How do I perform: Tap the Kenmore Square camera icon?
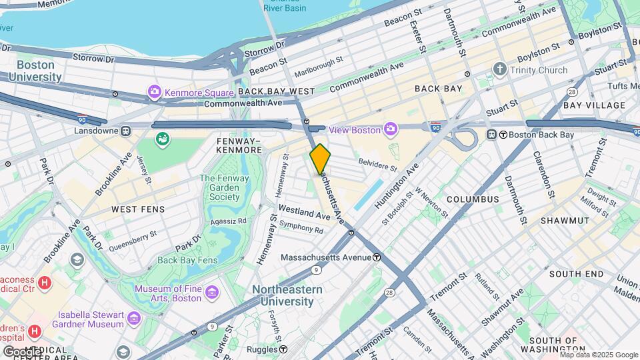155,91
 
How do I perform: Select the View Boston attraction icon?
391,129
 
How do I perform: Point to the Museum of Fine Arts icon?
212,293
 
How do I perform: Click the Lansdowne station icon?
125,131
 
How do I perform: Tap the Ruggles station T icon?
283,349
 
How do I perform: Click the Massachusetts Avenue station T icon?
377,257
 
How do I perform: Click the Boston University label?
35,71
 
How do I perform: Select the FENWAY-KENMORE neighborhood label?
239,145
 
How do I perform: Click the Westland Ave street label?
305,216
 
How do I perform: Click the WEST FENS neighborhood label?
138,209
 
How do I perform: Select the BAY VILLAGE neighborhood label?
594,105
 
